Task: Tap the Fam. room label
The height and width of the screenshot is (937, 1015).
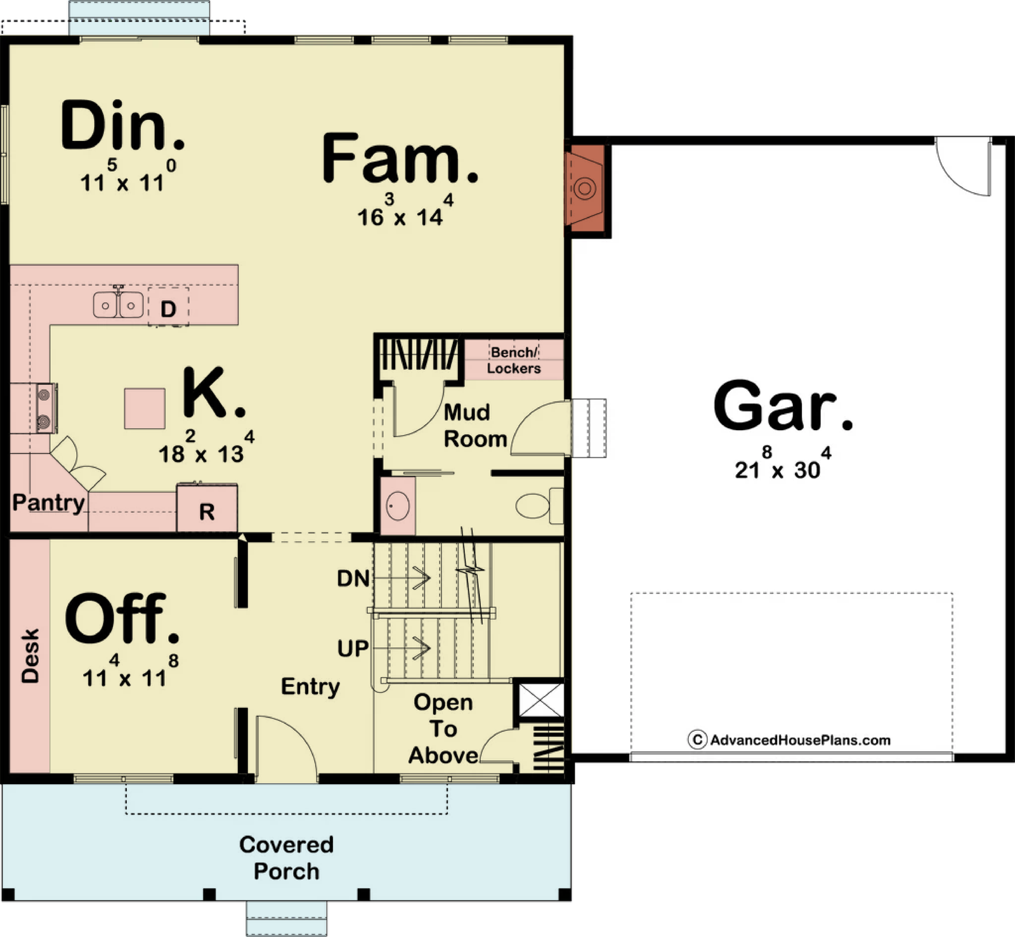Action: point(400,159)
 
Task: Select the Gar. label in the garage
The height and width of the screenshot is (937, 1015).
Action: point(783,406)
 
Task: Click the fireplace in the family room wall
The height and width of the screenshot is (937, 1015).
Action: point(586,189)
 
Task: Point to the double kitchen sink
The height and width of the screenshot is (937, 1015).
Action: point(118,305)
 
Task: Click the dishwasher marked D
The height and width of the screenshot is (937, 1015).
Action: point(168,308)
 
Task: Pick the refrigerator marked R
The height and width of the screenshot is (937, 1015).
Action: point(207,508)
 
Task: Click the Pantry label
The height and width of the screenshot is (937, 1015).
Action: point(49,502)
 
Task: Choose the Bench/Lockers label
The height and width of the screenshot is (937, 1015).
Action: point(514,360)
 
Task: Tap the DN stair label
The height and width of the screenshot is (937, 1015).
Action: point(353,579)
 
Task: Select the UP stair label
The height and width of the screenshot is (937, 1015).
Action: point(353,648)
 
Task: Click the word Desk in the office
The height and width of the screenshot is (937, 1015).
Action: point(30,656)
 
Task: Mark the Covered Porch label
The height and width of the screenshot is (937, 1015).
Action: point(286,858)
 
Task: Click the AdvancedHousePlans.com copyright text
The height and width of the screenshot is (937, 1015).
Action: point(790,740)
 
